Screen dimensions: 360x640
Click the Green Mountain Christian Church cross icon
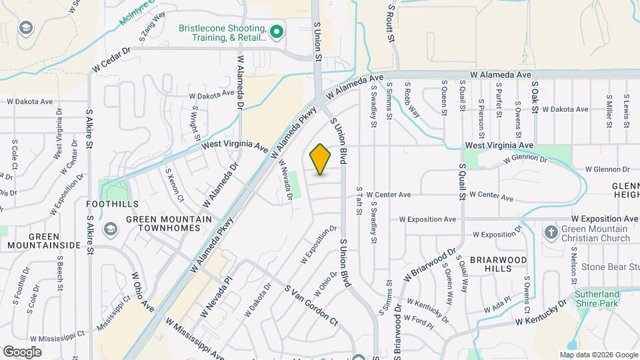[551, 233]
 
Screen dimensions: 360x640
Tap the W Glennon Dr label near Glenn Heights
[607, 169]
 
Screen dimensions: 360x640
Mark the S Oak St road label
[534, 97]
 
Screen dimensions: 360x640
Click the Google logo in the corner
[22, 351]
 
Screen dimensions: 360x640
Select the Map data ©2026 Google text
[598, 355]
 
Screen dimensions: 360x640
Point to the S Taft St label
[358, 201]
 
